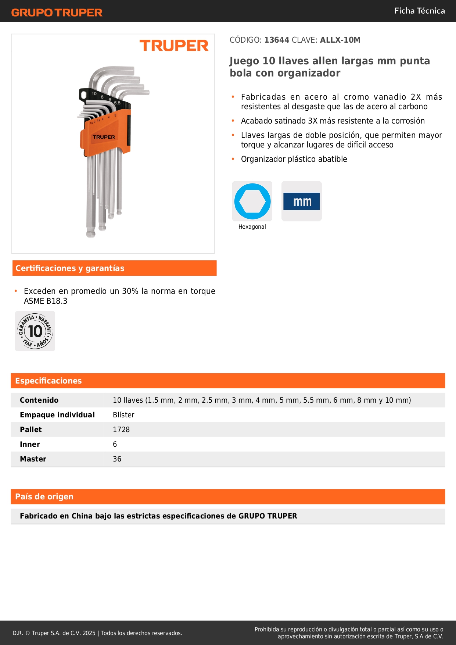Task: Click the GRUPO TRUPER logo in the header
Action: coord(57,13)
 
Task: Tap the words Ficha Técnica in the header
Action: coord(419,11)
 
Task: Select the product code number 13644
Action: coord(277,40)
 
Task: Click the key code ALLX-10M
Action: coord(340,40)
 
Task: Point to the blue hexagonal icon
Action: coord(252,201)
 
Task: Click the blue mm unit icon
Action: coord(302,202)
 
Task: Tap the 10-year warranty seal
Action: coord(35,331)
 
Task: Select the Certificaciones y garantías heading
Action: coord(70,268)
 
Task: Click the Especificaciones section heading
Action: coord(49,381)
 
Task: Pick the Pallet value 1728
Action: coord(121,430)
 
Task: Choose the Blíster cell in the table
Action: coord(123,415)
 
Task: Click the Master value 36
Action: coord(117,459)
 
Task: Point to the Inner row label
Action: coord(30,444)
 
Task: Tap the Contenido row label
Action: coord(39,400)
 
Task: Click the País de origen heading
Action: coord(44,497)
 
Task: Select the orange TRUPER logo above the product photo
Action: coord(174,46)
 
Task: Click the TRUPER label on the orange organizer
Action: coord(104,137)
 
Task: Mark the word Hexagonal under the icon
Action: coord(252,227)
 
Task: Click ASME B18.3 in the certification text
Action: coord(46,301)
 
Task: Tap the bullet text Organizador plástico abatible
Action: coord(294,159)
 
